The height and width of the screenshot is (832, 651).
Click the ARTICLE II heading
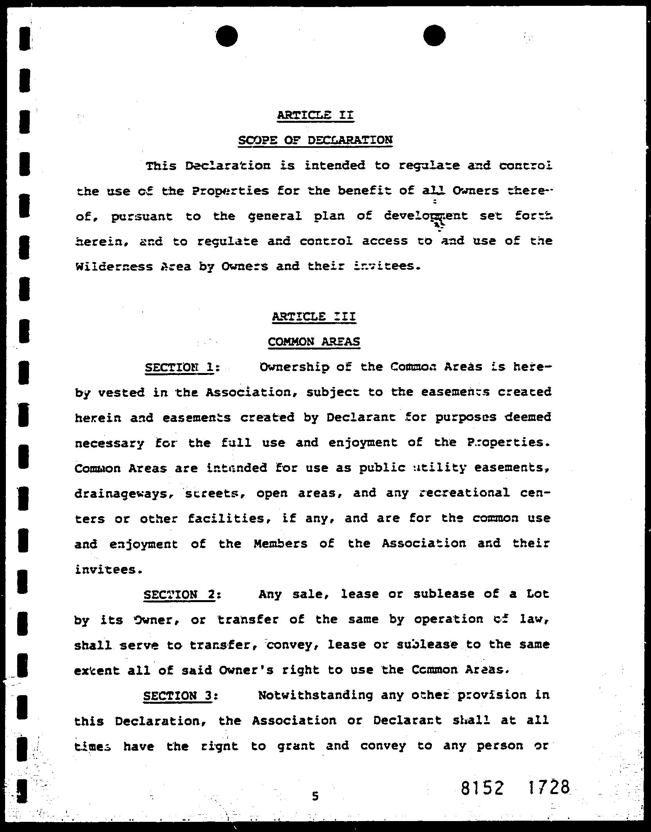[x=315, y=115]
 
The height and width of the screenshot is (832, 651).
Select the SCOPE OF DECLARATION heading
[x=315, y=140]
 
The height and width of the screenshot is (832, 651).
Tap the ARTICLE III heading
[x=314, y=316]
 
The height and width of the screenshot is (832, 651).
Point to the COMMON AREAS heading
[x=314, y=342]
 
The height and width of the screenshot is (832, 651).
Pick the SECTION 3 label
[x=178, y=696]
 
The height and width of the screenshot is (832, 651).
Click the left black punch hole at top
[x=227, y=36]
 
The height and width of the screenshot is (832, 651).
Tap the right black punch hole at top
[x=434, y=36]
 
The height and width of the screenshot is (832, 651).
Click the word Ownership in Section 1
[x=294, y=368]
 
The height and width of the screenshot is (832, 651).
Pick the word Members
[x=280, y=544]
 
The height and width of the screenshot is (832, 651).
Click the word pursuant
[x=142, y=217]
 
